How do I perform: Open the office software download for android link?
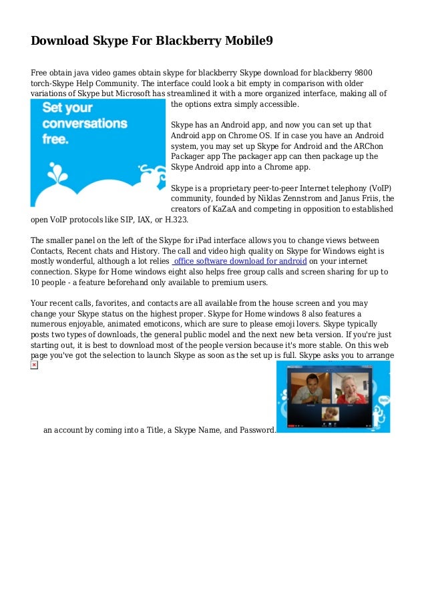coord(240,261)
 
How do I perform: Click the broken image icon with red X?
coord(34,366)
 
